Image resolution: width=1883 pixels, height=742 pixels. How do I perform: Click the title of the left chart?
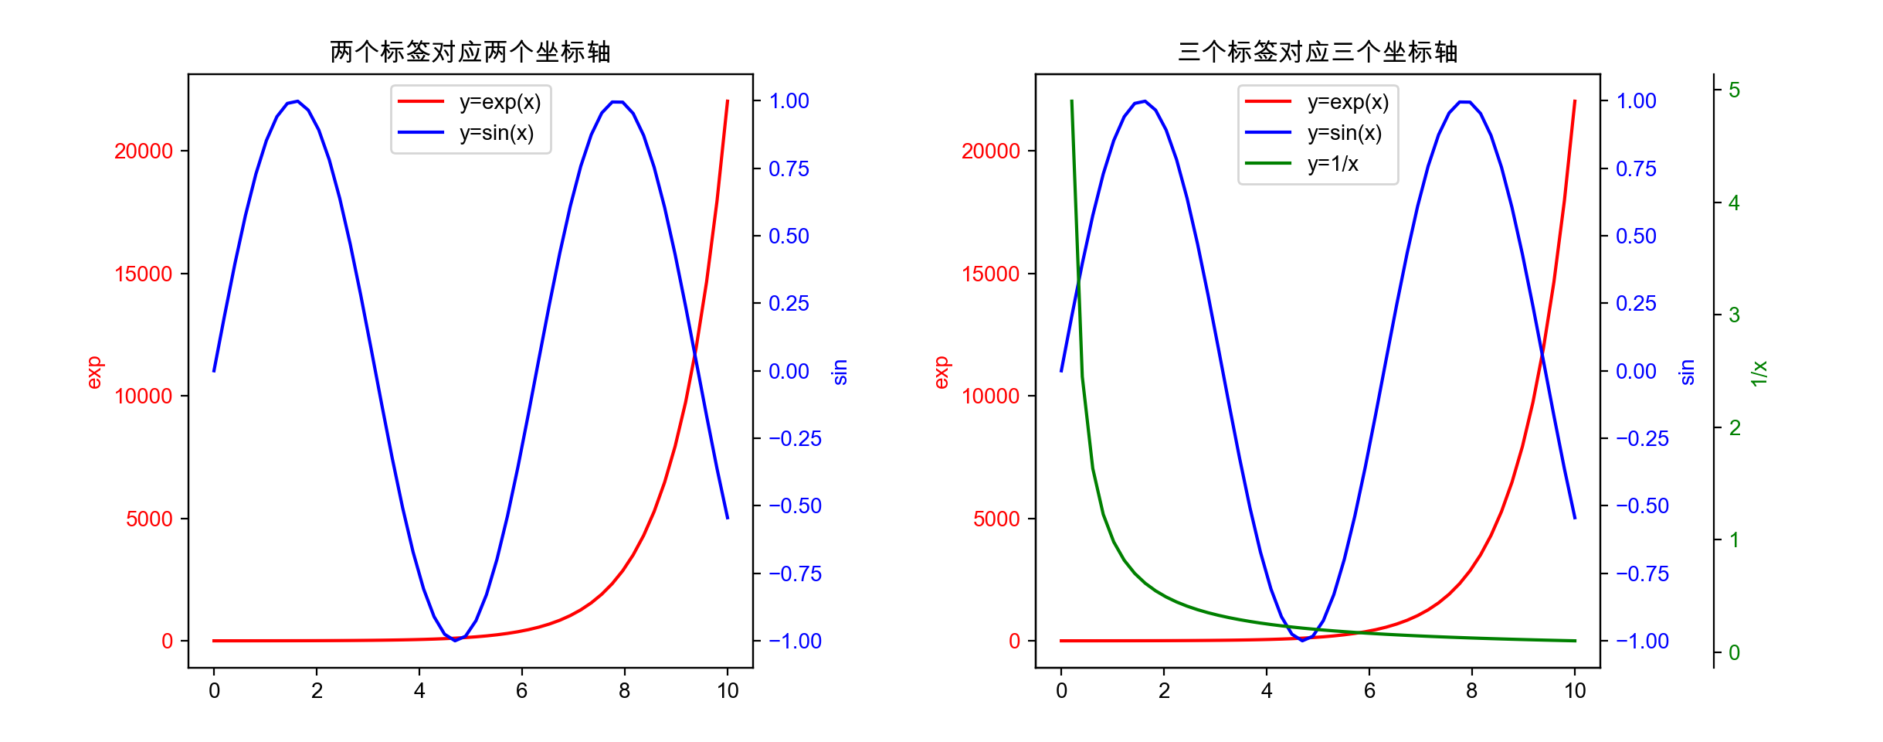(x=470, y=52)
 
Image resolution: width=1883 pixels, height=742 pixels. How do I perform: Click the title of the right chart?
(x=1317, y=52)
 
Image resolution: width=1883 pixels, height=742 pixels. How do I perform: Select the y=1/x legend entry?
(x=1332, y=164)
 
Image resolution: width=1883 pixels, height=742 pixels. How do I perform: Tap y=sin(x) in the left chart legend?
(x=496, y=133)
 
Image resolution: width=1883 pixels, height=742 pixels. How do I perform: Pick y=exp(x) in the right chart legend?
(x=1348, y=102)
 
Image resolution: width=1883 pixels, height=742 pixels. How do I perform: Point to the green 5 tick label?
(x=1734, y=90)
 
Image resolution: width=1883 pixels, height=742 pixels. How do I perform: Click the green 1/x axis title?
(x=1759, y=373)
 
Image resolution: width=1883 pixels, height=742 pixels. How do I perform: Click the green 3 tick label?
(x=1734, y=315)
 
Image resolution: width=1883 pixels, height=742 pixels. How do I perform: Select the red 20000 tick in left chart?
(x=144, y=151)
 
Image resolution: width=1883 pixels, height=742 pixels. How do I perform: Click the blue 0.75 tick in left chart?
(x=789, y=168)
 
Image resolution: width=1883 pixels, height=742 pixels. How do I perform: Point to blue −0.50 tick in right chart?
(x=1642, y=505)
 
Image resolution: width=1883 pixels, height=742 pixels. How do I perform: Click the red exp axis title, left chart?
(x=93, y=373)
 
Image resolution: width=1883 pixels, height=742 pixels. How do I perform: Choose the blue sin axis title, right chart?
(x=1687, y=372)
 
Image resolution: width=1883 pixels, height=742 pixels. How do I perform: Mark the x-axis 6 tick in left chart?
(x=522, y=691)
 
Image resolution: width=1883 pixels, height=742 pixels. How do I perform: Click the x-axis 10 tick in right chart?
(x=1575, y=691)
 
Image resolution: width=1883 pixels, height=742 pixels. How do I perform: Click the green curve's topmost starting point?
(x=1071, y=100)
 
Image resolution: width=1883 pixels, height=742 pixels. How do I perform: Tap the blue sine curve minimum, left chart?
(x=455, y=640)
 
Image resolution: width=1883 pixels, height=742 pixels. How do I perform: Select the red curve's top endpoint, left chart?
(x=728, y=100)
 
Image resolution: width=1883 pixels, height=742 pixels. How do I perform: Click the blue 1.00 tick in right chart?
(x=1636, y=101)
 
